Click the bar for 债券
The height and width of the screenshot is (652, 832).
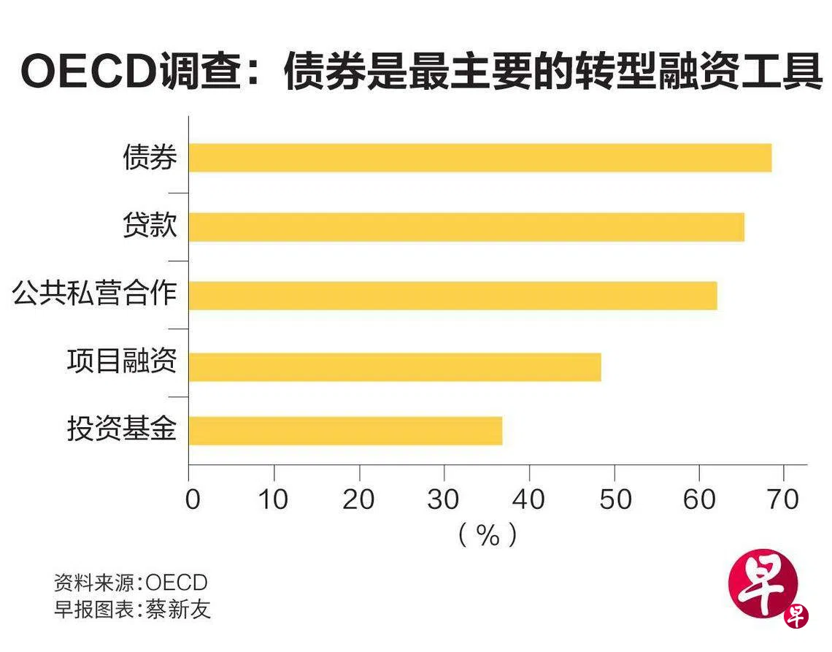click(x=479, y=158)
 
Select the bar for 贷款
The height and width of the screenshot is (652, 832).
click(x=466, y=227)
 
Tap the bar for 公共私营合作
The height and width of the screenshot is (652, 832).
click(x=452, y=296)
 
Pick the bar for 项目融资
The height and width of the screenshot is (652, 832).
click(x=395, y=367)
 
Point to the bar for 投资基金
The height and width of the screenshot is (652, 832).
click(x=345, y=431)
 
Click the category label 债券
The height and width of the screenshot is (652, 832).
click(x=150, y=157)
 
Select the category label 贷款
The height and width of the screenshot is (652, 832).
click(x=150, y=226)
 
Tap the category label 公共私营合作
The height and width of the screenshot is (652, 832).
click(x=95, y=294)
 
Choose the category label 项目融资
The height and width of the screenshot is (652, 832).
click(x=122, y=361)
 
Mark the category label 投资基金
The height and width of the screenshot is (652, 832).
click(x=122, y=429)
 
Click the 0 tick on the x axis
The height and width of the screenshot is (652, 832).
click(x=191, y=499)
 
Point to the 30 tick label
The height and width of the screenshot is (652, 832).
click(x=443, y=499)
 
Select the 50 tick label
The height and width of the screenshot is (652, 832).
click(x=615, y=499)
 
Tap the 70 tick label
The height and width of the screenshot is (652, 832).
click(x=783, y=499)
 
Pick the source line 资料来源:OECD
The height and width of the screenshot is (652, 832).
click(x=131, y=583)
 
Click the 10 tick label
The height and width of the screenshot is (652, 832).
click(x=274, y=499)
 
